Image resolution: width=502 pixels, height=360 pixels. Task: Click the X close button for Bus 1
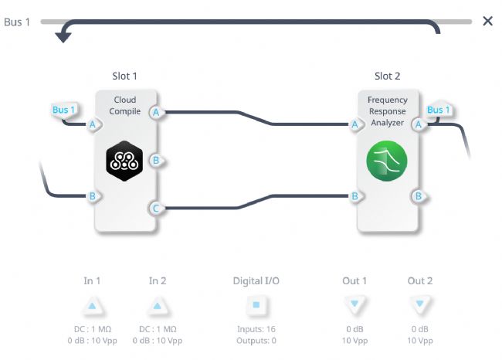coord(487,21)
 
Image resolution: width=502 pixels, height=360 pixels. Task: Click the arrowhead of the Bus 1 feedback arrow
coord(63,37)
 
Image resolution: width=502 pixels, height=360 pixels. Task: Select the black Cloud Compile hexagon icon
coord(124,161)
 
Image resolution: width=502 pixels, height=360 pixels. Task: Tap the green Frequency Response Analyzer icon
coord(387,161)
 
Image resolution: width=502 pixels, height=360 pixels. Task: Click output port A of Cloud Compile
coord(157,113)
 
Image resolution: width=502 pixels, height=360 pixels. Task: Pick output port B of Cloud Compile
coord(157,160)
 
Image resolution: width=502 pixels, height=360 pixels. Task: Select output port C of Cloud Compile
coord(156,208)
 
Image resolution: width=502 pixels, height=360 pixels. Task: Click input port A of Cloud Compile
coord(93,124)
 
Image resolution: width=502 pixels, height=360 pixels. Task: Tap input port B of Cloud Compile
coord(93,196)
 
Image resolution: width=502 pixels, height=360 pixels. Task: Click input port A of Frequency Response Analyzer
coord(356,124)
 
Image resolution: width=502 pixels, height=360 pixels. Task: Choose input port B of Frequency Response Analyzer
coord(356,196)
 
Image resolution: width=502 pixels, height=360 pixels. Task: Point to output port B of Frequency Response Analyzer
coord(419,196)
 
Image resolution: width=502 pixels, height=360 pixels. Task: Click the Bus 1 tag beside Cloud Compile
coord(63,110)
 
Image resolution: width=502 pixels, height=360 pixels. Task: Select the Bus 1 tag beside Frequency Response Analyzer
coord(439,110)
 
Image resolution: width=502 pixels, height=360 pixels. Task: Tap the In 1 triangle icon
coord(92,306)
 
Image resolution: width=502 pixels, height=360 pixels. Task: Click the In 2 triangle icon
coord(158,306)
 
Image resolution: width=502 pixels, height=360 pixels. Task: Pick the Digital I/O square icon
coord(256,304)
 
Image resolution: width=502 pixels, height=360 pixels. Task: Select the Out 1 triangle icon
coord(354,304)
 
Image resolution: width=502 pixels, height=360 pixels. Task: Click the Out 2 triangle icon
coord(419,304)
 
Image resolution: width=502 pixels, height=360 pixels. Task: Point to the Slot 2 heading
coord(388,76)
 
